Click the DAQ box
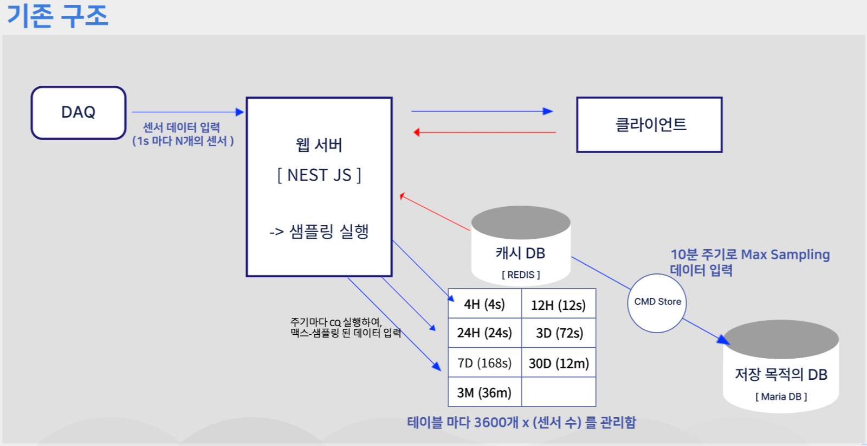pyautogui.click(x=79, y=112)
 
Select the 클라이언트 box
pyautogui.click(x=649, y=125)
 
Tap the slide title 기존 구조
pyautogui.click(x=57, y=15)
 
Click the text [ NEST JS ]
pyautogui.click(x=319, y=175)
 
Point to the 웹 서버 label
pyautogui.click(x=319, y=145)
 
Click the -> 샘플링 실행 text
pyautogui.click(x=319, y=232)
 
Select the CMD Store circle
pyautogui.click(x=657, y=302)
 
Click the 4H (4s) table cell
pyautogui.click(x=484, y=304)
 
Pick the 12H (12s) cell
pyautogui.click(x=558, y=305)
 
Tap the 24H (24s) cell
pyautogui.click(x=484, y=333)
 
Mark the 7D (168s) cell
pyautogui.click(x=484, y=363)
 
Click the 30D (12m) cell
pyautogui.click(x=559, y=363)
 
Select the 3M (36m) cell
pyautogui.click(x=484, y=392)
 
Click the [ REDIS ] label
pyautogui.click(x=521, y=275)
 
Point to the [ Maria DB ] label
pyautogui.click(x=781, y=397)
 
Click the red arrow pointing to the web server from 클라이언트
pyautogui.click(x=484, y=132)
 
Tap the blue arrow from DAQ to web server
pyautogui.click(x=187, y=112)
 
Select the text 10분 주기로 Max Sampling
pyautogui.click(x=750, y=254)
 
